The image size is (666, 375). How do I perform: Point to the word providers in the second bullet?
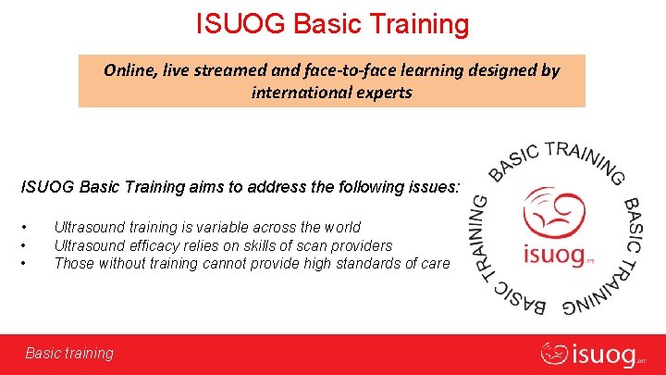point(361,246)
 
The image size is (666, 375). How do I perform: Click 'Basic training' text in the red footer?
point(69,353)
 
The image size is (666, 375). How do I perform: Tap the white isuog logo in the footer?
point(593,353)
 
